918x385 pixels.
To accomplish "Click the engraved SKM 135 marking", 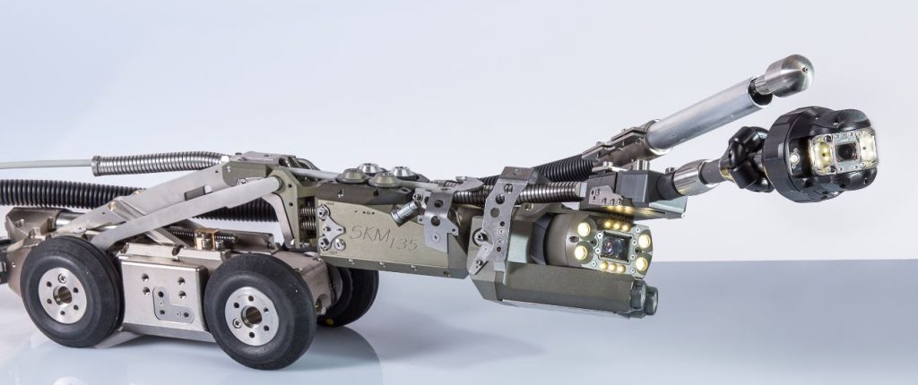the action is tap(384, 238).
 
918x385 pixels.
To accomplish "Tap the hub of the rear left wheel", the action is tap(63, 295).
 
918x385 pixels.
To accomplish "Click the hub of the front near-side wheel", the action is tap(252, 315).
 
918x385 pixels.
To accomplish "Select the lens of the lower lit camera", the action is tap(612, 246).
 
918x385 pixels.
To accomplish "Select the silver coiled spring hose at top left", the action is tap(158, 163).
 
